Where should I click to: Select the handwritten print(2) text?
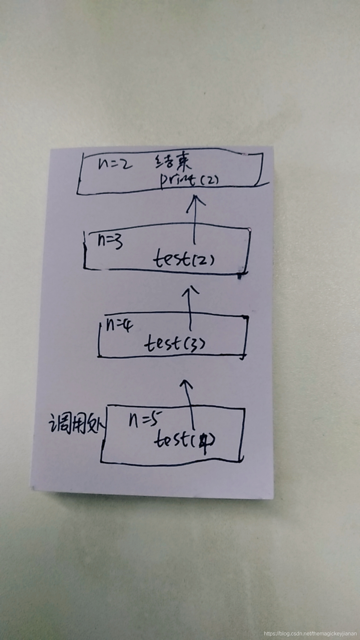coord(189,180)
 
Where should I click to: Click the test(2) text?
coord(184,259)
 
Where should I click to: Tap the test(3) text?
coord(175,343)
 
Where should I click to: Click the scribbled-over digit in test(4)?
coord(204,441)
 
